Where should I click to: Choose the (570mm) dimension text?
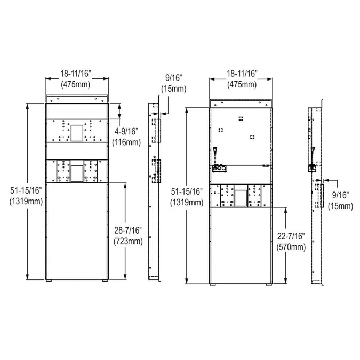tap(292, 247)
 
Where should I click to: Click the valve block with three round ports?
tap(219, 169)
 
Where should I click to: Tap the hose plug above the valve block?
tap(215, 153)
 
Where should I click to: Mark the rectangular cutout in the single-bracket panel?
tap(241, 197)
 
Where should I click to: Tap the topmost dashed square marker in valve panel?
tap(241, 118)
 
